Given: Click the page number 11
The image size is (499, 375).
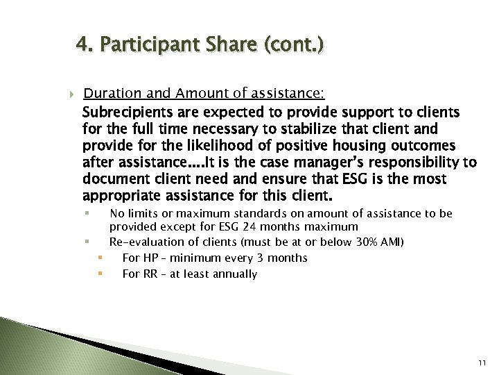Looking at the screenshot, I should [482, 362].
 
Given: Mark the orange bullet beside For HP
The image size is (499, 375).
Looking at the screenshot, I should [100, 258].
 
